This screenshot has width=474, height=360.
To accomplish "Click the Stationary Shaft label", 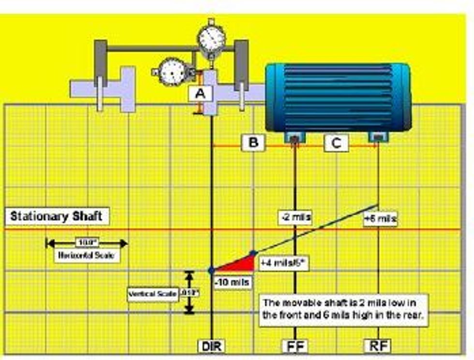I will [57, 216].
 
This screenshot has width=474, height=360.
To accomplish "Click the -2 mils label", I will [295, 217].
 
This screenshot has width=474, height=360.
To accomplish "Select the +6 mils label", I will [380, 219].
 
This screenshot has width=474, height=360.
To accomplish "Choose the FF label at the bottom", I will [295, 346].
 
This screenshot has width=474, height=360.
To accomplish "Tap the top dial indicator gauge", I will [211, 38].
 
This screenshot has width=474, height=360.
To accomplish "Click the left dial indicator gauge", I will [172, 72].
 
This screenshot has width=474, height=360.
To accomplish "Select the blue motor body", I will [338, 97].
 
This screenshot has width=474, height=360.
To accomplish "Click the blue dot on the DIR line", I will [211, 270].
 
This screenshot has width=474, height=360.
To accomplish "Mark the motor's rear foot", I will [377, 137].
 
